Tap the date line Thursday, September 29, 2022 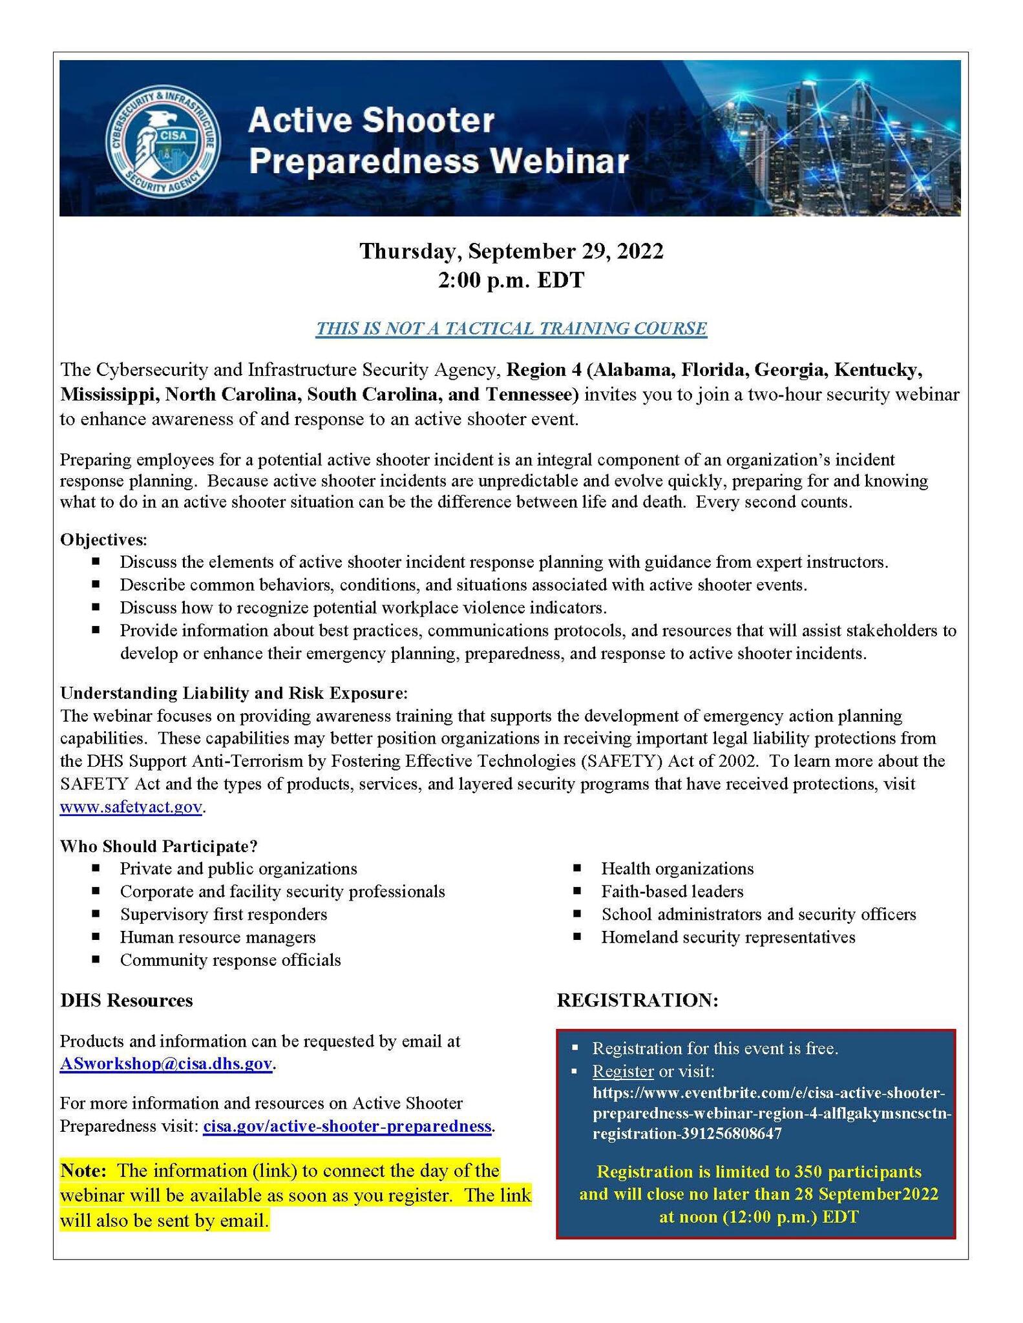[x=511, y=251]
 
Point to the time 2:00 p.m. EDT [x=511, y=280]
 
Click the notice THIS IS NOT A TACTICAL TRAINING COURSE [x=511, y=328]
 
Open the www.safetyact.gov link [x=131, y=807]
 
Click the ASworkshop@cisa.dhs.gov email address [x=166, y=1064]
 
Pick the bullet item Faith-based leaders [x=672, y=891]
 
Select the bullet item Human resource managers [x=218, y=937]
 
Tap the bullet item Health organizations [x=677, y=869]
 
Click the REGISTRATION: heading [x=638, y=1000]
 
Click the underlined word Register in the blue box [x=623, y=1071]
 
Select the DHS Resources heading [x=127, y=1000]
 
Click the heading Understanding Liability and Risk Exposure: [x=234, y=693]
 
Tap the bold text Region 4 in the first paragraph [x=543, y=370]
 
